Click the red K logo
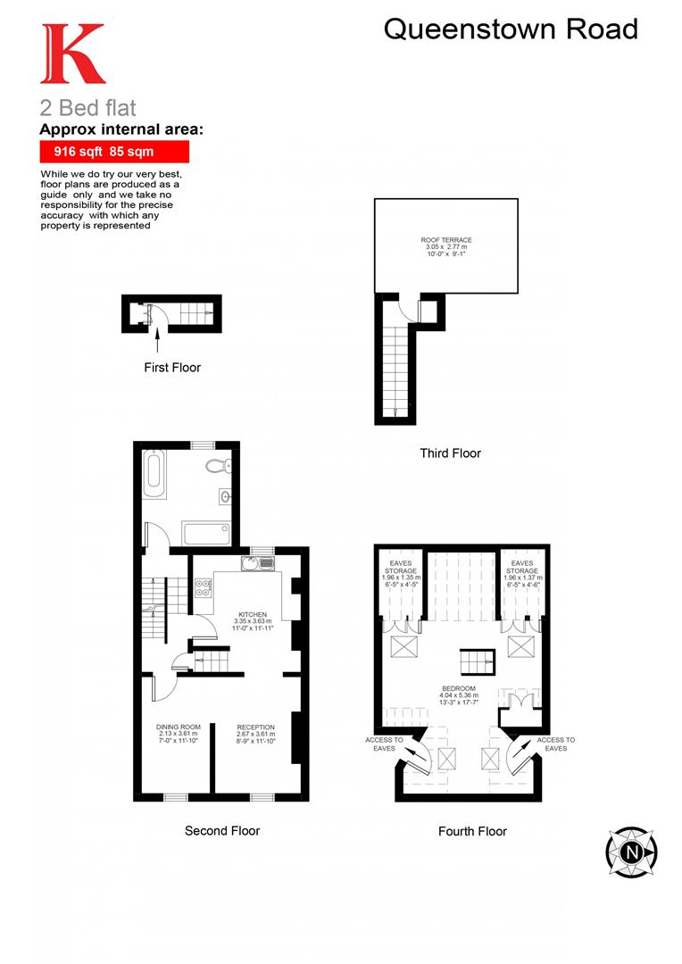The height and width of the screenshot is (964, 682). point(72,54)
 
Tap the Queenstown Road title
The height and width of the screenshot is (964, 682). point(511,29)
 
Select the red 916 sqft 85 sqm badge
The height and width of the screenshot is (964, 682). point(114,152)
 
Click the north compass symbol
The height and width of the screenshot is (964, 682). point(632,852)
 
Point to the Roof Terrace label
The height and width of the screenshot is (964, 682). point(446,245)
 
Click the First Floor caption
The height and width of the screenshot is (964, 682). point(172,367)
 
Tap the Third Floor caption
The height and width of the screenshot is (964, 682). point(450,453)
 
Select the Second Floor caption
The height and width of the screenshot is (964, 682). point(222,831)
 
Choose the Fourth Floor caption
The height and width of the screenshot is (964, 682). point(472,831)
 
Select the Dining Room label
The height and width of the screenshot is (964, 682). point(179,733)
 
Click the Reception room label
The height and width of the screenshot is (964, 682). point(255,733)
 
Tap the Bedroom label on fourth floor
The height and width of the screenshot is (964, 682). point(459,694)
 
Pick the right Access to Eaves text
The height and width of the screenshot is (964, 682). point(555,744)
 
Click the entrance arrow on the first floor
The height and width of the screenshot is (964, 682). point(158,337)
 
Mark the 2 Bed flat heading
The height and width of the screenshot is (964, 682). point(88,109)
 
